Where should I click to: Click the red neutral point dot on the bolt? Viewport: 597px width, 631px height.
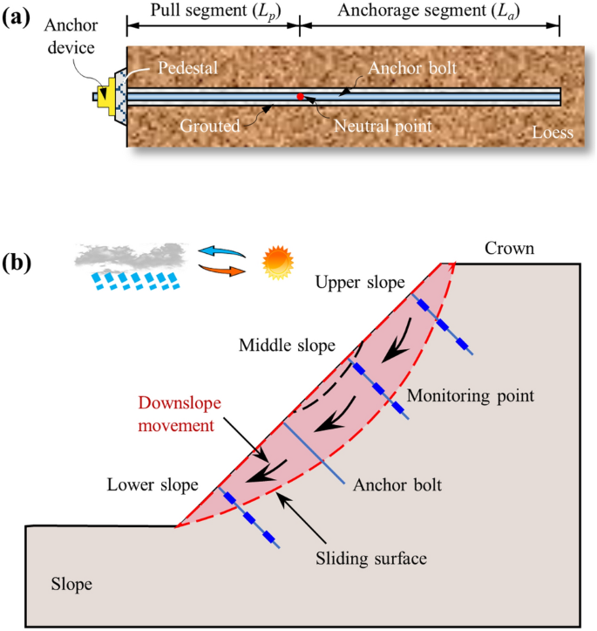[x=300, y=96]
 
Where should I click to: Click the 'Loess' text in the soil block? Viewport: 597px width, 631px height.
[x=553, y=134]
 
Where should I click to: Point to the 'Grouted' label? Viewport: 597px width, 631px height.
[x=209, y=126]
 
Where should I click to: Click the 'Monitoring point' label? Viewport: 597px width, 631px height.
[x=471, y=395]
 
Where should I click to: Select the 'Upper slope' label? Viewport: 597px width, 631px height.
[x=360, y=284]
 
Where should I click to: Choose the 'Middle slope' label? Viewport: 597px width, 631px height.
[x=287, y=346]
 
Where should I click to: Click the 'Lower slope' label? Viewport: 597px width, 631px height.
[x=153, y=484]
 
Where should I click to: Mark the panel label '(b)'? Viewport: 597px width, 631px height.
[x=20, y=261]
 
